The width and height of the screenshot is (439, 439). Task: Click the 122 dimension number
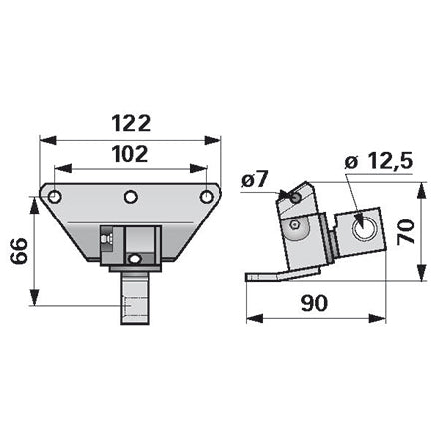131,123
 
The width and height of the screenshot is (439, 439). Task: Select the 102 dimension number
130,154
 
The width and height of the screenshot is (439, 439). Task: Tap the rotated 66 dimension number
19,251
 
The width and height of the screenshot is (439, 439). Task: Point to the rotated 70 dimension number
406,231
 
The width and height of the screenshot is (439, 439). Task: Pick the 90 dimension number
314,303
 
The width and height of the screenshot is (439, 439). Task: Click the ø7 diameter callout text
255,181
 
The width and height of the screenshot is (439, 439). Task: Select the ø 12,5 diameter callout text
379,162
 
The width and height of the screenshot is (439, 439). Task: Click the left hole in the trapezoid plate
54,197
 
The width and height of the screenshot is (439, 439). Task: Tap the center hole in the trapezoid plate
131,197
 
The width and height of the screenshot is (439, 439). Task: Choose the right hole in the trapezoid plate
206,197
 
